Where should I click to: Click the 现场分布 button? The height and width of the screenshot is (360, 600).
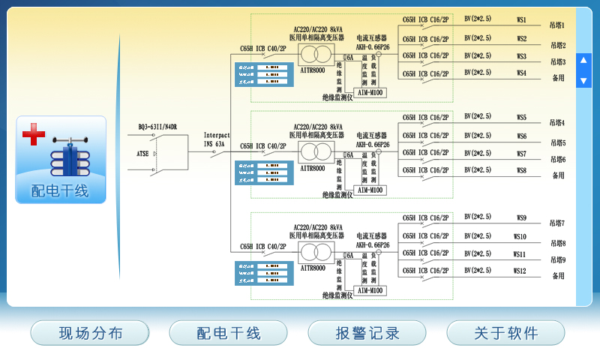90,333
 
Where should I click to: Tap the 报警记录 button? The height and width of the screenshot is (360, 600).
367,333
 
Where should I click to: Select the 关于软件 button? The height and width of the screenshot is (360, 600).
505,333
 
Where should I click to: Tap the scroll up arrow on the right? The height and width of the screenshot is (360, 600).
583,61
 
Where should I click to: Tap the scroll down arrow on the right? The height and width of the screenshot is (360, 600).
583,80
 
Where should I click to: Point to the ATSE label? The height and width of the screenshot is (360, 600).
142,154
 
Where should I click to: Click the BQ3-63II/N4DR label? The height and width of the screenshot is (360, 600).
157,127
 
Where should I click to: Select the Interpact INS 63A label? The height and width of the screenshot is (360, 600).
216,139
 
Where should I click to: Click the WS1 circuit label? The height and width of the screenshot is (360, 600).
521,20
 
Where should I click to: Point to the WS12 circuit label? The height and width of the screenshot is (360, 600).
520,271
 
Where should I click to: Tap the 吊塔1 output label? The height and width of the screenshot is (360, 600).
557,25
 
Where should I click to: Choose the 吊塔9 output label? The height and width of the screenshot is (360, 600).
557,259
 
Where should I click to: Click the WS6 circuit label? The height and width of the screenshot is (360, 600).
521,136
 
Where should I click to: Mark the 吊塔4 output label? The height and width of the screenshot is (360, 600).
557,123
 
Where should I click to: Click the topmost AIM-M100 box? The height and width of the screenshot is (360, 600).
370,93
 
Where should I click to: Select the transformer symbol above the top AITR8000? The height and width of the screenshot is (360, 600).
316,54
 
